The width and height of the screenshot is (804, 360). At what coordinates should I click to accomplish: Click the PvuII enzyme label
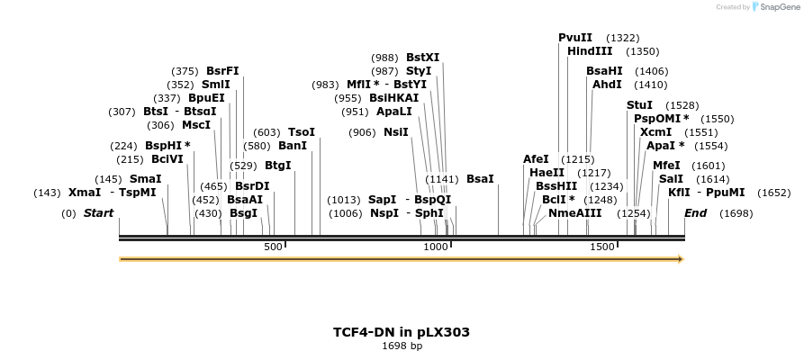[x=575, y=38]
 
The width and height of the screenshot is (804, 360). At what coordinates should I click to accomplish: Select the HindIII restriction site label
[x=590, y=51]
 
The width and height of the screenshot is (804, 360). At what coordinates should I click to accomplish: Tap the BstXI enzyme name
[x=422, y=58]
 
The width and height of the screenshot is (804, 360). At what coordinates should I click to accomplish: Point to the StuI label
[x=639, y=105]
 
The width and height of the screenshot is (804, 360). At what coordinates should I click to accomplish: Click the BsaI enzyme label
[x=480, y=179]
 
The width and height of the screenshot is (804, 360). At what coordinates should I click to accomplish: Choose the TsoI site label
[x=302, y=132]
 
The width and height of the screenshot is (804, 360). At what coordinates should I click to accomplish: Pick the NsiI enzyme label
[x=396, y=132]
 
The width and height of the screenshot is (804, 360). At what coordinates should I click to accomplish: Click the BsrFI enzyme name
[x=222, y=71]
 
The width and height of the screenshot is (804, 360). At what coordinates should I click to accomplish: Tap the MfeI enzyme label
[x=666, y=166]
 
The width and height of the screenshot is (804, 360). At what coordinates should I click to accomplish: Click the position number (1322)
[x=623, y=38]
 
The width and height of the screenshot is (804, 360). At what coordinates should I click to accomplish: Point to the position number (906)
[x=363, y=132]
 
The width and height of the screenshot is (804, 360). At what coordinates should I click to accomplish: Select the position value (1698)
[x=736, y=213]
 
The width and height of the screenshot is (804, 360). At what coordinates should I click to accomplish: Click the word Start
[x=98, y=213]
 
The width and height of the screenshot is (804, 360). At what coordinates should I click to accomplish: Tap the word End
[x=695, y=213]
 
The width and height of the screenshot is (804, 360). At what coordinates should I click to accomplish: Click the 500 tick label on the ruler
[x=273, y=247]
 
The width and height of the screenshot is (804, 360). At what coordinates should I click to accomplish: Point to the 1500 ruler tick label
[x=601, y=247]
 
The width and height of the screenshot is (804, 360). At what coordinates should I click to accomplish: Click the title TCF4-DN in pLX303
[x=401, y=332]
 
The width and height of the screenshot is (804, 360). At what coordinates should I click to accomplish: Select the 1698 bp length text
[x=401, y=346]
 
